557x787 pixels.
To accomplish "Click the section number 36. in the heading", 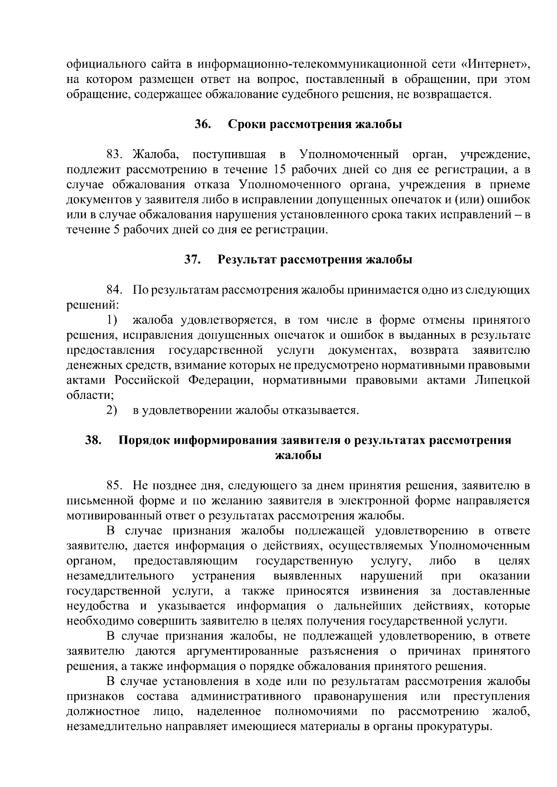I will pyautogui.click(x=203, y=125).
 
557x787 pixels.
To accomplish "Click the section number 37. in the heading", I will pyautogui.click(x=192, y=260).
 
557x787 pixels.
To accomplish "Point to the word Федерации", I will pyautogui.click(x=220, y=380).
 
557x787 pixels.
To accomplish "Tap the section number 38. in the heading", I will pyautogui.click(x=93, y=440).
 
